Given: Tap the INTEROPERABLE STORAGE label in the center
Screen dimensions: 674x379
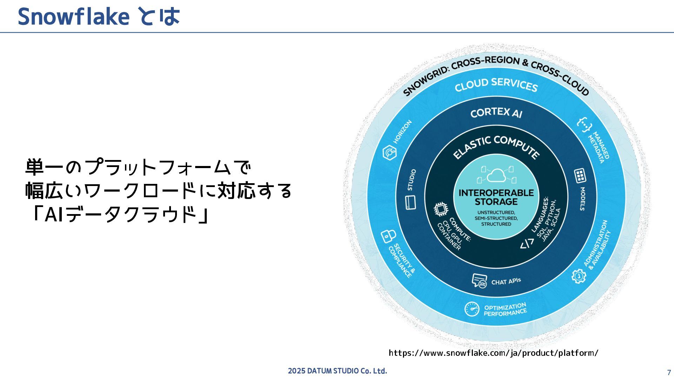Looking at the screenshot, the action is pyautogui.click(x=496, y=197).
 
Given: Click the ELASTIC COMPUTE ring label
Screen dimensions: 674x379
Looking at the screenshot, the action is pyautogui.click(x=496, y=146).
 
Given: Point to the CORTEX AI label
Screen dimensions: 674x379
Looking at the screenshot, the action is pyautogui.click(x=496, y=113).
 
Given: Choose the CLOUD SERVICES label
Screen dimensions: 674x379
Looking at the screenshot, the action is pyautogui.click(x=496, y=85).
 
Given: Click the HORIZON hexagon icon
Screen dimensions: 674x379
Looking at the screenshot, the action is pyautogui.click(x=389, y=153).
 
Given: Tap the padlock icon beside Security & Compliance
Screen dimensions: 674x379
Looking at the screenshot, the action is pyautogui.click(x=388, y=236).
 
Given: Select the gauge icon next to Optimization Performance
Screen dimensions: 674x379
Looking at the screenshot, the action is pyautogui.click(x=472, y=309).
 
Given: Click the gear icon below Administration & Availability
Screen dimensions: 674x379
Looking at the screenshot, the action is pyautogui.click(x=579, y=276).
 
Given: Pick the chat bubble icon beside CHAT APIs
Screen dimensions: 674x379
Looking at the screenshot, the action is pyautogui.click(x=479, y=281).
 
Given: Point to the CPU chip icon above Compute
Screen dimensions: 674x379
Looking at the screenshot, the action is pyautogui.click(x=441, y=210).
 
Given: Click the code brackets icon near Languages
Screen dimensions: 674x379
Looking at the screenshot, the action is pyautogui.click(x=527, y=243).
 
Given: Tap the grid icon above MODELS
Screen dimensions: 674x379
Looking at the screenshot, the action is pyautogui.click(x=580, y=176).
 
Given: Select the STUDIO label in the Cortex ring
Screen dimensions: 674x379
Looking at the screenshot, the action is pyautogui.click(x=412, y=180).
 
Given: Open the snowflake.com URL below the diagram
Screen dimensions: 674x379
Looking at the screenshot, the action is pyautogui.click(x=493, y=353).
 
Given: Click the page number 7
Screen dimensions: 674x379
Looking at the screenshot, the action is pyautogui.click(x=669, y=373).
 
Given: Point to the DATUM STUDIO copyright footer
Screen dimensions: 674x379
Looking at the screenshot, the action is pyautogui.click(x=337, y=371).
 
